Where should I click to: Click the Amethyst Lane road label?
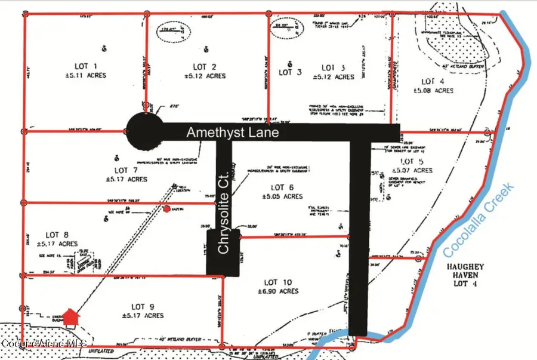(232, 133)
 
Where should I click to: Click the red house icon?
(71, 317)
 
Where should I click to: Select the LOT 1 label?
(87, 66)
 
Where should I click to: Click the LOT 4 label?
(433, 81)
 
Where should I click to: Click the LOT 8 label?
(57, 235)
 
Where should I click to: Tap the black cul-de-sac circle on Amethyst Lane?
(144, 129)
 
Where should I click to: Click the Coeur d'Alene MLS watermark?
(45, 343)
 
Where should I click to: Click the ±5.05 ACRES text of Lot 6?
(280, 196)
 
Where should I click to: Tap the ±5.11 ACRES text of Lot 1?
(87, 76)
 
